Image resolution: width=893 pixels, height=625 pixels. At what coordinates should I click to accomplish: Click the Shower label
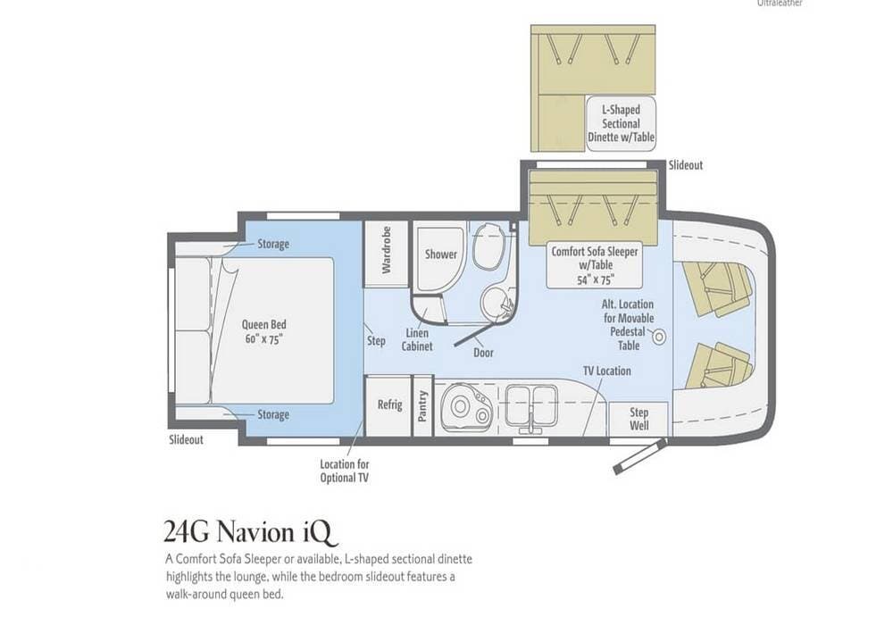click(x=441, y=254)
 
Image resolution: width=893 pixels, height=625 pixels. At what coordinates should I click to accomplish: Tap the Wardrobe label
click(x=386, y=250)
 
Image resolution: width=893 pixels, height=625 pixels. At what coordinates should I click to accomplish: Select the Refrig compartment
click(x=388, y=405)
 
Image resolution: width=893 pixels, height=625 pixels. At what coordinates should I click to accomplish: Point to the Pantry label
click(x=422, y=406)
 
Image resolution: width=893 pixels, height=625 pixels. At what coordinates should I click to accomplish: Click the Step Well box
click(x=639, y=419)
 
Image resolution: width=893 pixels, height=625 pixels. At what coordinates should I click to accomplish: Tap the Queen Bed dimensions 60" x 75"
click(x=263, y=339)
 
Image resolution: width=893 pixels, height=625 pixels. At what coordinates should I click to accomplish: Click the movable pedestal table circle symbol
click(x=659, y=337)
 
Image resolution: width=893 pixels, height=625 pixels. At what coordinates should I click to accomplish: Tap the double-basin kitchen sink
click(x=530, y=404)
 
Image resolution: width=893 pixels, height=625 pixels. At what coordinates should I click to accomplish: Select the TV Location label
click(x=607, y=371)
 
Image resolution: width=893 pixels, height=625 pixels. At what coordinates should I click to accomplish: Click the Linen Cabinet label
click(x=417, y=340)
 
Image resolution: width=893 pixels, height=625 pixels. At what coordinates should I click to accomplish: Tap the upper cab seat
click(x=714, y=288)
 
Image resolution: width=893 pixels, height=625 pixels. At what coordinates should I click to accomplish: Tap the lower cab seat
click(x=716, y=365)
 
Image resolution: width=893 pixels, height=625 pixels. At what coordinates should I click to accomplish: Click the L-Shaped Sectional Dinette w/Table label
click(x=621, y=123)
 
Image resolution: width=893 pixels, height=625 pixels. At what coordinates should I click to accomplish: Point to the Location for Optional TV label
click(x=344, y=471)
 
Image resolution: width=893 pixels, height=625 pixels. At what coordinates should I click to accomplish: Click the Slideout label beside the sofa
click(x=686, y=166)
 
